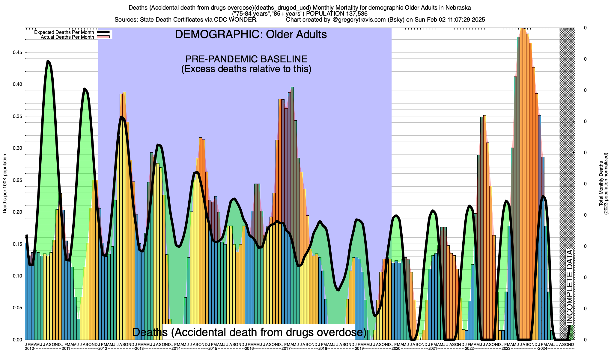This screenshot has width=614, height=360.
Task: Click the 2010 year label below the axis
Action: click(x=29, y=349)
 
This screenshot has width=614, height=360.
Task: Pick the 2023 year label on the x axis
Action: click(x=506, y=349)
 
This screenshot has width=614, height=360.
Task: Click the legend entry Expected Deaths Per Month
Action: click(x=64, y=32)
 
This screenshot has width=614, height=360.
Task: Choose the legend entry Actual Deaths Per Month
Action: click(x=67, y=37)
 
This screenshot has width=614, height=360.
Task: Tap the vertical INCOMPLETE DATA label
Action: click(x=569, y=287)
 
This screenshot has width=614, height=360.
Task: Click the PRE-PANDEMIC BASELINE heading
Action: click(x=246, y=59)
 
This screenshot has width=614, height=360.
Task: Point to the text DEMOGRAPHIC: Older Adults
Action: click(x=251, y=34)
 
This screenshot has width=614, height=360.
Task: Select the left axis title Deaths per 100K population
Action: click(x=5, y=184)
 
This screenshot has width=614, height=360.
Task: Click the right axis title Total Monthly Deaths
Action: click(x=601, y=184)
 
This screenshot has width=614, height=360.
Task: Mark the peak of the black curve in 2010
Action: click(x=48, y=61)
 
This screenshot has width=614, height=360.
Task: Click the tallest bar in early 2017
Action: click(x=292, y=87)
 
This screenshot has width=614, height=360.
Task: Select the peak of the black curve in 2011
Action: click(x=85, y=89)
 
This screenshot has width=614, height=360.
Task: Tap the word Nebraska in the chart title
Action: click(x=456, y=7)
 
